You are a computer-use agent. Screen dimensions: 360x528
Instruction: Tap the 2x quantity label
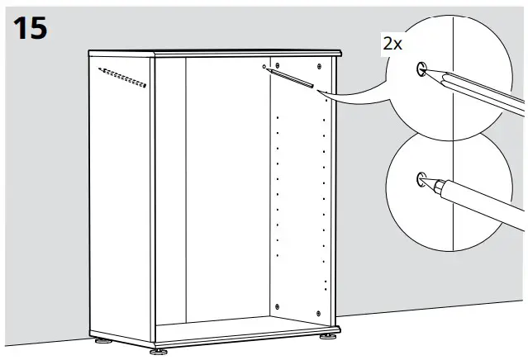[x=392, y=45]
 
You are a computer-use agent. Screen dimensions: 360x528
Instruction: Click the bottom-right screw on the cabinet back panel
[x=320, y=312]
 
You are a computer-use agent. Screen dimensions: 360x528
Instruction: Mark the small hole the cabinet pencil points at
[x=263, y=66]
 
